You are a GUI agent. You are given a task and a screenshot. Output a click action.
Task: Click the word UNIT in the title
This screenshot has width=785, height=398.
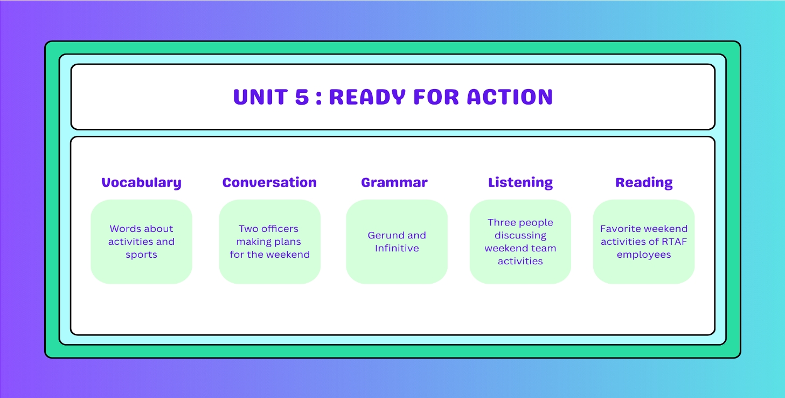click(261, 97)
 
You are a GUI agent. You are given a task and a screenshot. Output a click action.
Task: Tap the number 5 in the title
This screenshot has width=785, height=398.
click(302, 97)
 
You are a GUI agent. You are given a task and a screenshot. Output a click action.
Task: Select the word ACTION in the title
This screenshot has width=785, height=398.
click(510, 97)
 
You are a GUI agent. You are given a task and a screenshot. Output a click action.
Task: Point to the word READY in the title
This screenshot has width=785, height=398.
click(367, 97)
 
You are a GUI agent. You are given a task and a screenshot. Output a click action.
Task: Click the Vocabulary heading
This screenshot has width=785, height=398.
click(141, 183)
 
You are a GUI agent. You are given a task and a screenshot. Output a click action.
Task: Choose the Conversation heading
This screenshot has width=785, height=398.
click(269, 182)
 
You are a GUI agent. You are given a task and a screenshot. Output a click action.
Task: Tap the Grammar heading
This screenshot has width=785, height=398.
click(394, 182)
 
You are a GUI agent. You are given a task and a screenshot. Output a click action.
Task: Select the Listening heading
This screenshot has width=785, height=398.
click(520, 183)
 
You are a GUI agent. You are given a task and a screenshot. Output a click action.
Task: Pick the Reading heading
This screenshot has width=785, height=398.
click(644, 183)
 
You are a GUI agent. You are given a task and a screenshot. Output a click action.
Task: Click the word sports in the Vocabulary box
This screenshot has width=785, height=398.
click(141, 255)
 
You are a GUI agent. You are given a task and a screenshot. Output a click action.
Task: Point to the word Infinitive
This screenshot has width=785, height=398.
click(397, 248)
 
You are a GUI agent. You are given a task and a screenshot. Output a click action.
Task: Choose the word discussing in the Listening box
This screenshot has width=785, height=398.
click(520, 236)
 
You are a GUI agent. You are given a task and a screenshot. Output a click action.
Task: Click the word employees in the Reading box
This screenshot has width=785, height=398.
click(644, 255)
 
